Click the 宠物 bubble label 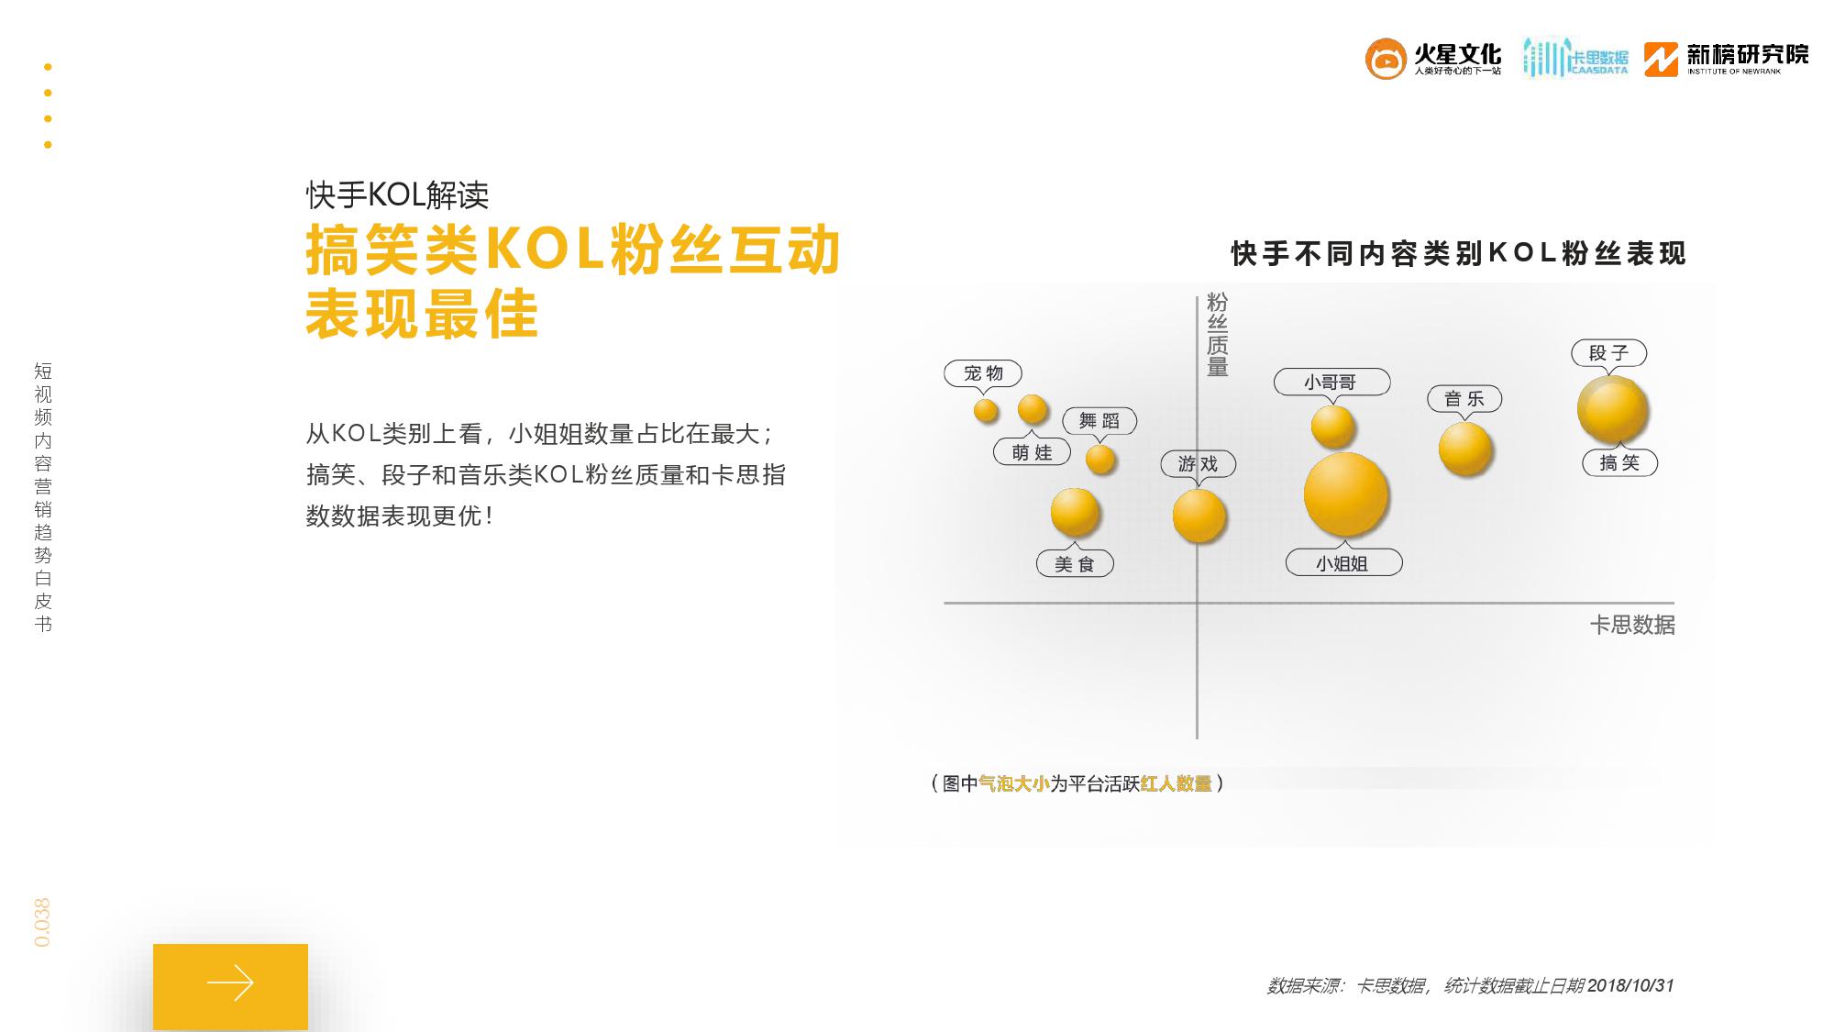(x=983, y=373)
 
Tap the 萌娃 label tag (x=1033, y=452)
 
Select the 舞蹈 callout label (x=1099, y=421)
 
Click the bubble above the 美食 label (x=1075, y=512)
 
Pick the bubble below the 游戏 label (x=1199, y=516)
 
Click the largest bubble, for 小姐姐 (x=1346, y=494)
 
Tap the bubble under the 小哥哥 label (x=1332, y=427)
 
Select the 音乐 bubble (x=1465, y=449)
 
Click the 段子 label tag (x=1609, y=353)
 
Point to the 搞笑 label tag (x=1620, y=463)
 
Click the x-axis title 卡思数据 (x=1632, y=625)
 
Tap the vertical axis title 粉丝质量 (x=1217, y=335)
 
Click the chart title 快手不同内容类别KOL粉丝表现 (x=1458, y=253)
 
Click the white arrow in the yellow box (x=230, y=982)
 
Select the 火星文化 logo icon (x=1386, y=59)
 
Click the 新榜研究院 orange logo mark (x=1661, y=60)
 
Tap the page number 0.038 (x=42, y=923)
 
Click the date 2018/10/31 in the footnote (x=1630, y=985)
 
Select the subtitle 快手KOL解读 (x=397, y=194)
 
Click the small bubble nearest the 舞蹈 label (x=1100, y=459)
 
